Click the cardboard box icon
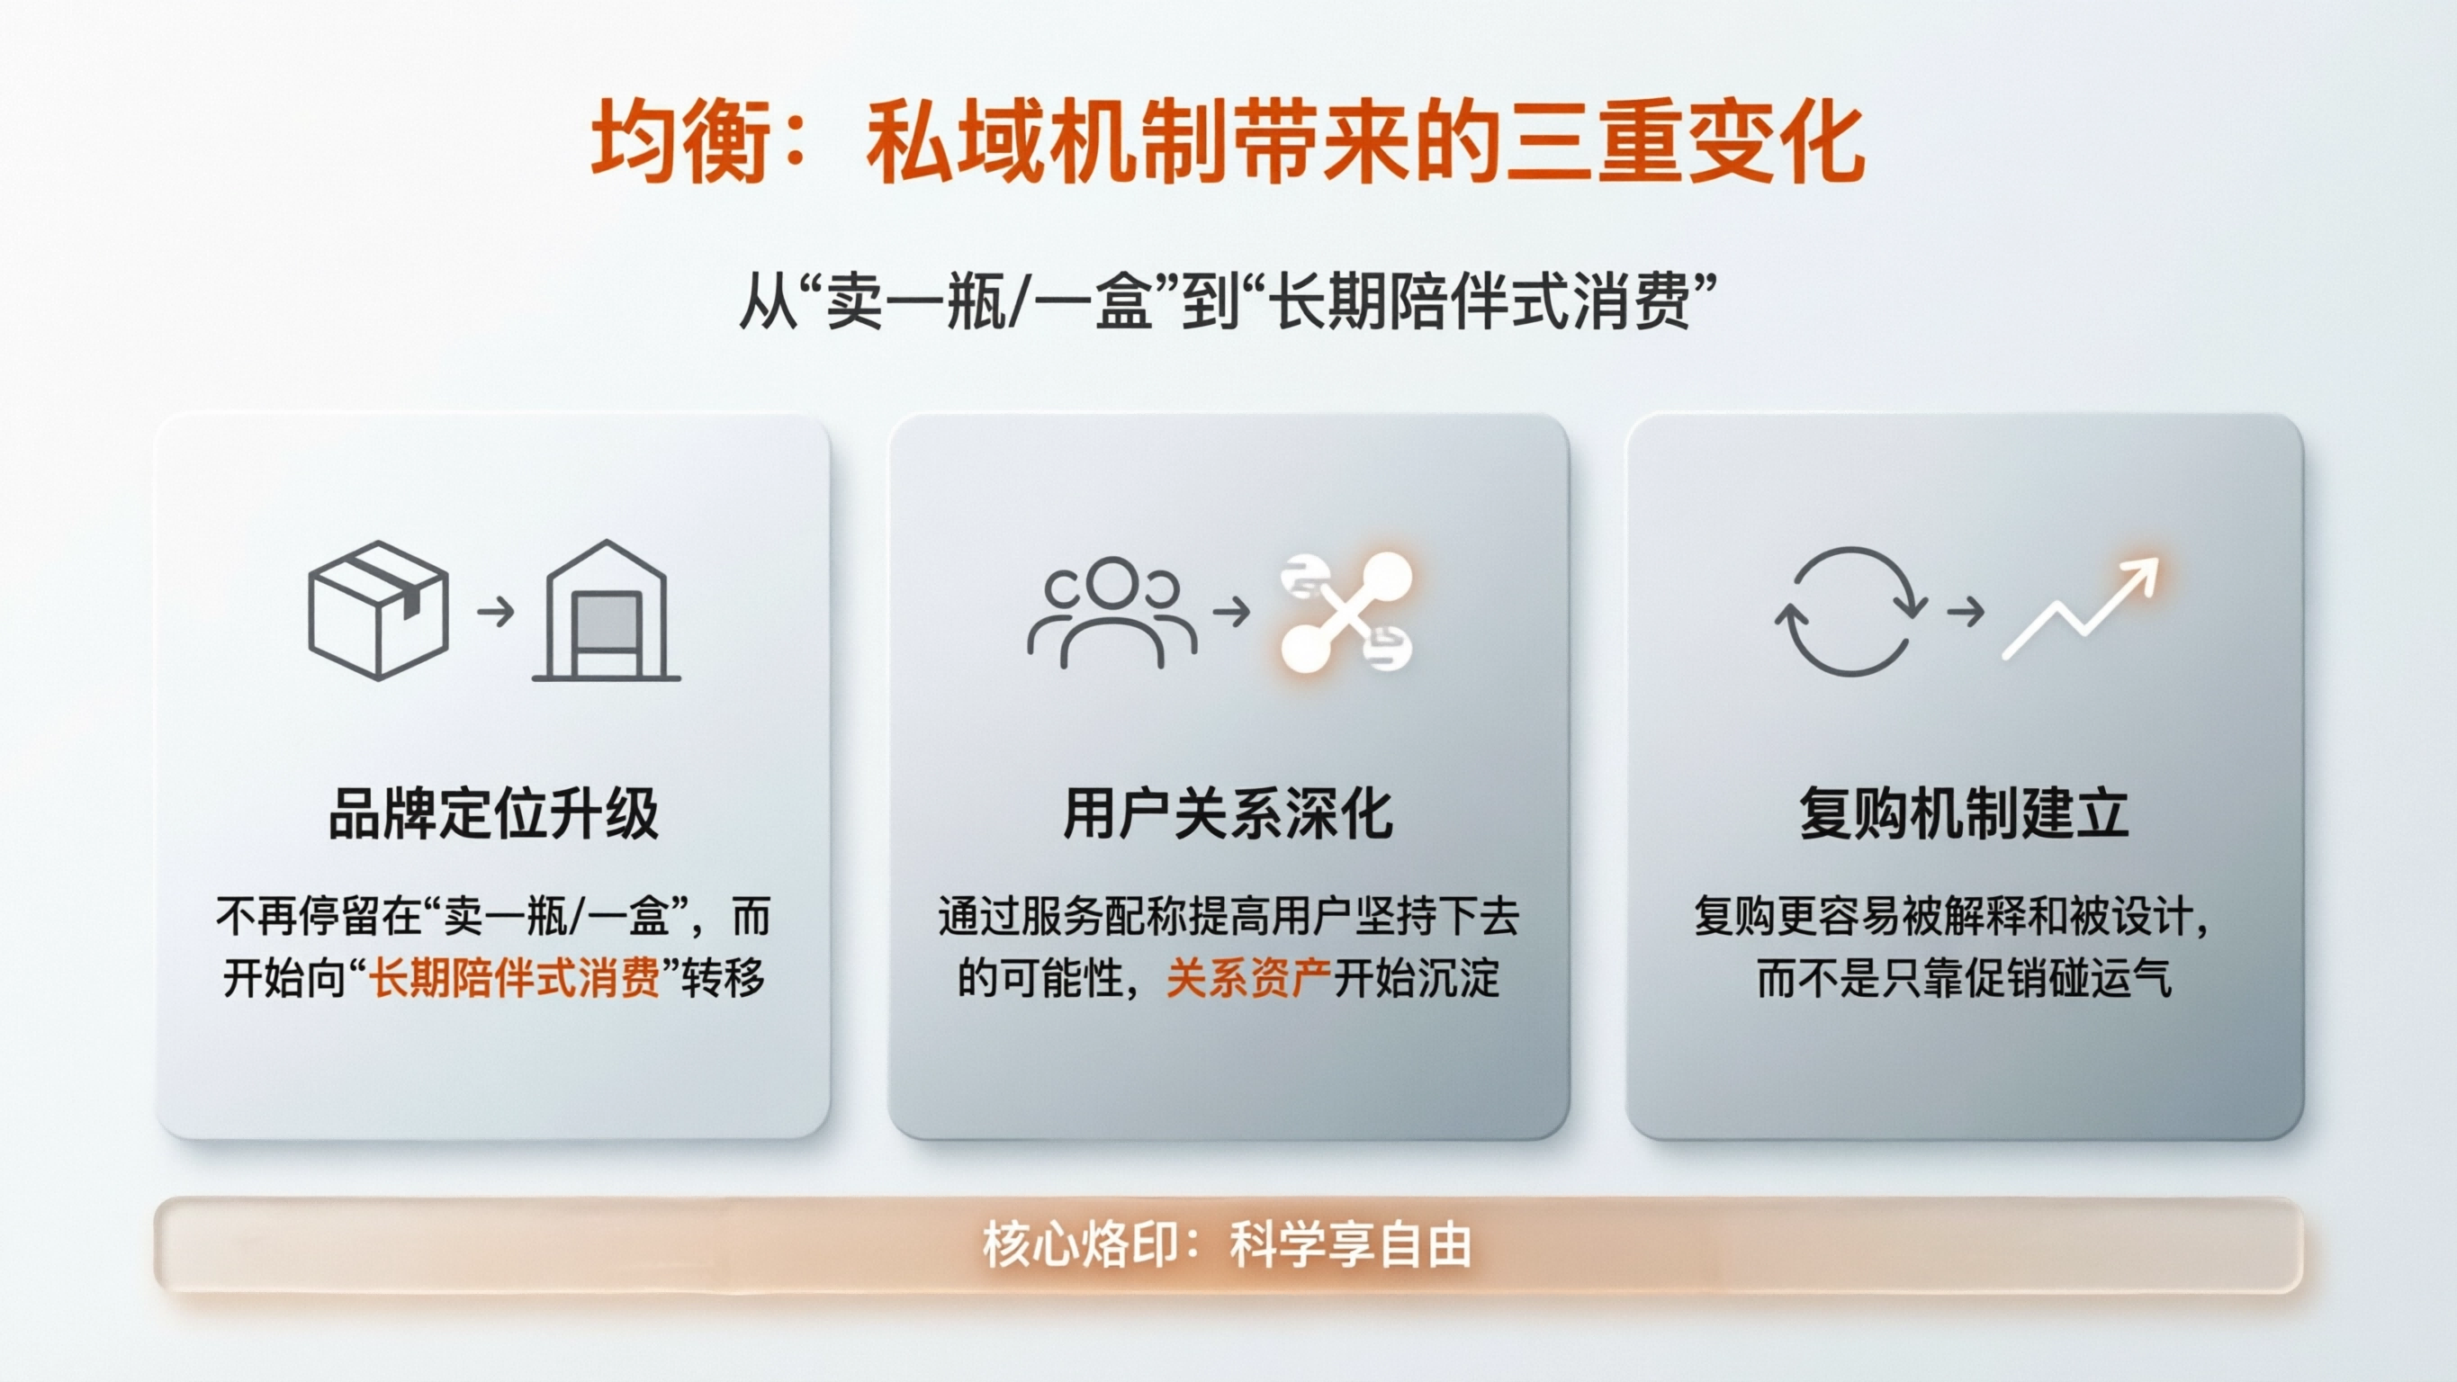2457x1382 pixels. [379, 610]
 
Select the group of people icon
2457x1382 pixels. [1111, 611]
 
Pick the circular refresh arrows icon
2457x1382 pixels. [1850, 611]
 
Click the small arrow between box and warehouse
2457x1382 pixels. [495, 610]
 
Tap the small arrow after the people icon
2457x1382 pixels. [1231, 611]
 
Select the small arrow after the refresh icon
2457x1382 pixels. [1965, 611]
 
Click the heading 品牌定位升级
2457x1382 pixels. [493, 813]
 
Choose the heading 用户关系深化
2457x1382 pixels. [1228, 813]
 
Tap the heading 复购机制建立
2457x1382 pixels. [1964, 813]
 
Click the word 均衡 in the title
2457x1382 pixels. [679, 143]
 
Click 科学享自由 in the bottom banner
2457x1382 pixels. [1351, 1244]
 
